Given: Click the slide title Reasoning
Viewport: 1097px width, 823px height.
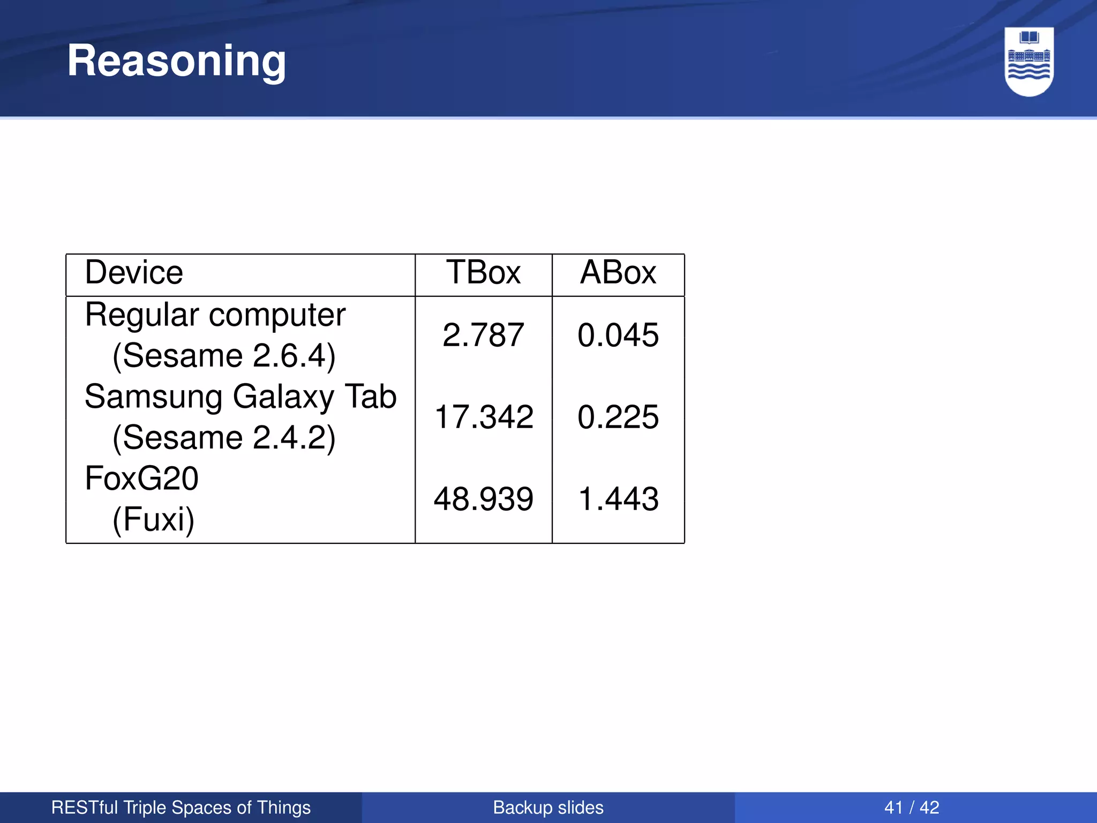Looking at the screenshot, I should [x=176, y=61].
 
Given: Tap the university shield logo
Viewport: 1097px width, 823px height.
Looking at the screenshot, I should [x=1029, y=61].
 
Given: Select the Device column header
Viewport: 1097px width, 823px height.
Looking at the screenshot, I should [x=134, y=273].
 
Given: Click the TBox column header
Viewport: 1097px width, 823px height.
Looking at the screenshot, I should [x=483, y=273].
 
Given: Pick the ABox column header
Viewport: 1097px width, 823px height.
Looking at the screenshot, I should [x=618, y=273].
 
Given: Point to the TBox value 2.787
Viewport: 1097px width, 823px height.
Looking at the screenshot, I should [x=483, y=335].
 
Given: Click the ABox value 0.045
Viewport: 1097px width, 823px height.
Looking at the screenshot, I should [x=618, y=335].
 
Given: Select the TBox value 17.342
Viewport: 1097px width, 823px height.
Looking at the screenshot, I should [x=483, y=417].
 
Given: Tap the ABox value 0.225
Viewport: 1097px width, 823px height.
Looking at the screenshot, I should [x=618, y=417].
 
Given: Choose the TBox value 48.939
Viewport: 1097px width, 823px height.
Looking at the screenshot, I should [x=483, y=499].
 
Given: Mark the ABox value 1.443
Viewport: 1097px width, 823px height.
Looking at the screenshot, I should [x=618, y=499].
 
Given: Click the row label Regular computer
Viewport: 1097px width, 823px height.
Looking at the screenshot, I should [x=215, y=315].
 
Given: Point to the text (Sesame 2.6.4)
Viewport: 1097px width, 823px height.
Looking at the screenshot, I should [x=224, y=356].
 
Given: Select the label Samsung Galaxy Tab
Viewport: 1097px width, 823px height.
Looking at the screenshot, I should [x=241, y=397].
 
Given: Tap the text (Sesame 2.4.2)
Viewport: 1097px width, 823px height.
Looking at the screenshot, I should [x=224, y=438].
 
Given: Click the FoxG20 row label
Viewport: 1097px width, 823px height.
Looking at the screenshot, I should [x=141, y=478].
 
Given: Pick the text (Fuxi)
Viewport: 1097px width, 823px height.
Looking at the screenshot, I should [x=153, y=519].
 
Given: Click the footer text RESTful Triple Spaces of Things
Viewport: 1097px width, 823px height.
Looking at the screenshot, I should [x=181, y=807].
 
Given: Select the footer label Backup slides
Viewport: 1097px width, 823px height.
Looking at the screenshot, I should [x=548, y=807].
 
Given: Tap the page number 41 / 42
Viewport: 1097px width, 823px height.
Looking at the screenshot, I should [x=912, y=807].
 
